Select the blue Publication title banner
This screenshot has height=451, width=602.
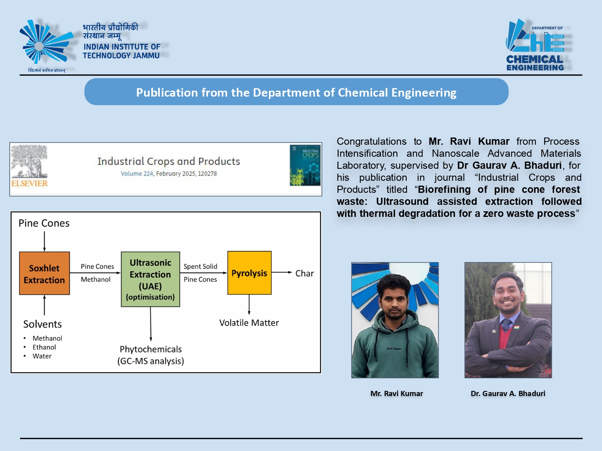(296, 92)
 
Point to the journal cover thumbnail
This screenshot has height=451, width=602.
(305, 166)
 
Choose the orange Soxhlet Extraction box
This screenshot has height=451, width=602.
(45, 273)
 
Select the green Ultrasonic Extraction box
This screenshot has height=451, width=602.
(150, 279)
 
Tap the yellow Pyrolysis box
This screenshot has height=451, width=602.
(250, 273)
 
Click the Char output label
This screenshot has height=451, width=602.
(305, 273)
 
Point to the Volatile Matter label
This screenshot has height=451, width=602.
(249, 323)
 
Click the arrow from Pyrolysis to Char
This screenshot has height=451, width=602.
(282, 273)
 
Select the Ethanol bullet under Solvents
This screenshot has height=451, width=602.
(44, 347)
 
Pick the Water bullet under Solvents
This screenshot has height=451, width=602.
(42, 356)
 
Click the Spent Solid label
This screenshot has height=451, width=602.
(200, 267)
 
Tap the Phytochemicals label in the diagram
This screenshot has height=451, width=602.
(151, 350)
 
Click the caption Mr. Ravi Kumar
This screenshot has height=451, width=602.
(397, 394)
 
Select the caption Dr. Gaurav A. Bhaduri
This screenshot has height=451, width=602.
(508, 394)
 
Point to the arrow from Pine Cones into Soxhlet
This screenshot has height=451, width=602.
(45, 241)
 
